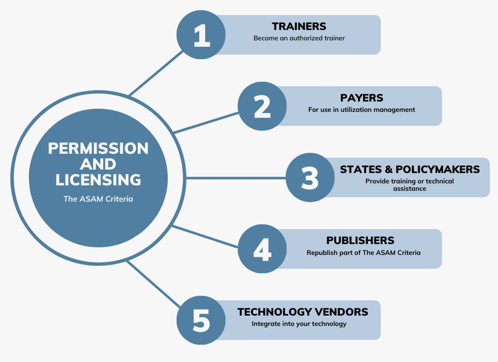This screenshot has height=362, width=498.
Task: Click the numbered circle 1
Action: [201, 35]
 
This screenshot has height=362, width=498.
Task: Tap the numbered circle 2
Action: [262, 106]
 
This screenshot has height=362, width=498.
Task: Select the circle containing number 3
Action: [310, 178]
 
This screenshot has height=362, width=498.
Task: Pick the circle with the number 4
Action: [262, 249]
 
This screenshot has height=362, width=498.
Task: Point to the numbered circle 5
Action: [201, 320]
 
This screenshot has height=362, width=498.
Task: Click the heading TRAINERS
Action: [299, 27]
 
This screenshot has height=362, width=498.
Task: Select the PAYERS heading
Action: [361, 98]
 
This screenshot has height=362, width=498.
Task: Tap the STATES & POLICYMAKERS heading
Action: [409, 169]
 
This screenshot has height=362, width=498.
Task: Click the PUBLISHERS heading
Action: [360, 241]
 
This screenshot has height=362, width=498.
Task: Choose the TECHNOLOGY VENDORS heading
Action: [303, 312]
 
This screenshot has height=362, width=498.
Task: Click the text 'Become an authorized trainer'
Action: [299, 38]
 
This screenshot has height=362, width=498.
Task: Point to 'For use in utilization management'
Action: [361, 110]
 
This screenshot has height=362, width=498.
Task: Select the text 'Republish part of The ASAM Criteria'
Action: [363, 253]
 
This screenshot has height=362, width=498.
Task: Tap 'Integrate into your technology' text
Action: [299, 324]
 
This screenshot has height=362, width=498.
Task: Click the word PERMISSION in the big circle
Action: [98, 149]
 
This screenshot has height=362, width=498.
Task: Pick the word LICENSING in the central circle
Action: [98, 180]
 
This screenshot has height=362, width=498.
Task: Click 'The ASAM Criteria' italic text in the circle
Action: [98, 199]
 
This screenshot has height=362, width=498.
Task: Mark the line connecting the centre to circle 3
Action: [236, 178]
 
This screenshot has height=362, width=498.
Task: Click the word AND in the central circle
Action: [98, 164]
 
